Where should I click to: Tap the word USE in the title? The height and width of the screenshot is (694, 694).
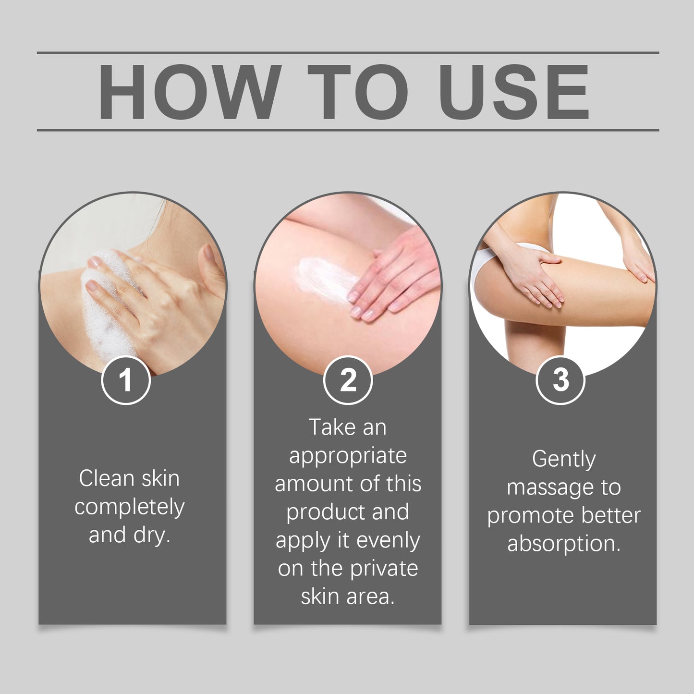coord(514,92)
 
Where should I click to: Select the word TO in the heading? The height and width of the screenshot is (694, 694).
coord(361,92)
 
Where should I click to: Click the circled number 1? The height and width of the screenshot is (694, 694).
coord(126,380)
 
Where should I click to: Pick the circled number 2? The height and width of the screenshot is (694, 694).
coord(348,380)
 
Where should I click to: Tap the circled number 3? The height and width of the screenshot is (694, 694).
coord(561,380)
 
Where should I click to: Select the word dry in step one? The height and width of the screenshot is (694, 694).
coord(152,536)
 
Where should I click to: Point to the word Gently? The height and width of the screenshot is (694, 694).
coord(564,460)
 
